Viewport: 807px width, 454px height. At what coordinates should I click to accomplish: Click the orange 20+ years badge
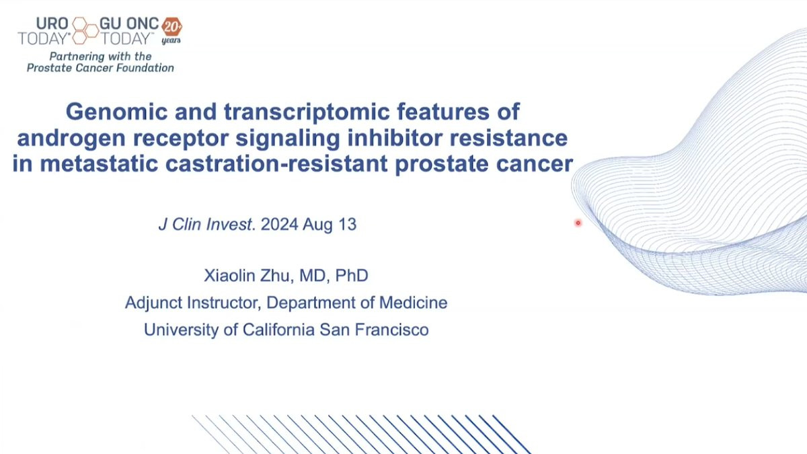click(x=171, y=30)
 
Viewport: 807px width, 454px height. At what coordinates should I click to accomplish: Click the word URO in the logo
click(x=52, y=24)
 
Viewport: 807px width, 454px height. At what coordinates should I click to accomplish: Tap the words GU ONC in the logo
click(x=129, y=24)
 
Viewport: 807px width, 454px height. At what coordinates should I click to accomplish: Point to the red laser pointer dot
click(x=578, y=223)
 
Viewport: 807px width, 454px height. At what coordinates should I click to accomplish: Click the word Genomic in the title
click(x=117, y=112)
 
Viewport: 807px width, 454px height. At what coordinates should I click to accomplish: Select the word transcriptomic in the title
click(x=307, y=112)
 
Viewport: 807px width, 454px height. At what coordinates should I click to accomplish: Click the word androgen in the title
click(x=71, y=139)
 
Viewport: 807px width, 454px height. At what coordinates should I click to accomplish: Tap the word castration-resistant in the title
click(x=276, y=164)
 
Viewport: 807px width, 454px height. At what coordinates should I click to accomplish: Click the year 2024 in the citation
click(x=280, y=225)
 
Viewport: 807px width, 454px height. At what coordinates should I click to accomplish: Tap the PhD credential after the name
click(x=352, y=276)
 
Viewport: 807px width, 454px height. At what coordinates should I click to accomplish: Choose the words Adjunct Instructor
click(x=193, y=303)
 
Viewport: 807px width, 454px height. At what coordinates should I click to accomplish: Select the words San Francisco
click(x=374, y=330)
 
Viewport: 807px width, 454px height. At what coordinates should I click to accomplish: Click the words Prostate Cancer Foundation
click(x=100, y=68)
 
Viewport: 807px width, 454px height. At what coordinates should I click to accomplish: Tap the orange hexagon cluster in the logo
click(x=85, y=30)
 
